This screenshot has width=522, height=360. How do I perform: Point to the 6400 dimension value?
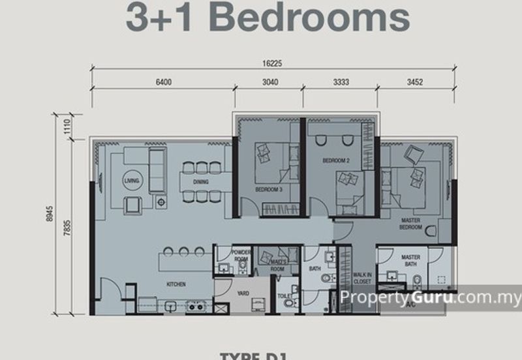[x=163, y=83]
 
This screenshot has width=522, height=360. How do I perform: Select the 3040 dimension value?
[x=270, y=83]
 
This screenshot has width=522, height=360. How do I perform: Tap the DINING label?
[x=200, y=182]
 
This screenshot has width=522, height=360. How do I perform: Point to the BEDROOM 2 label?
[x=336, y=159]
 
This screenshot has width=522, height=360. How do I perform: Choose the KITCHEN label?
[x=176, y=284]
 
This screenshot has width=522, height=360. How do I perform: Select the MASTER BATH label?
[x=410, y=260]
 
